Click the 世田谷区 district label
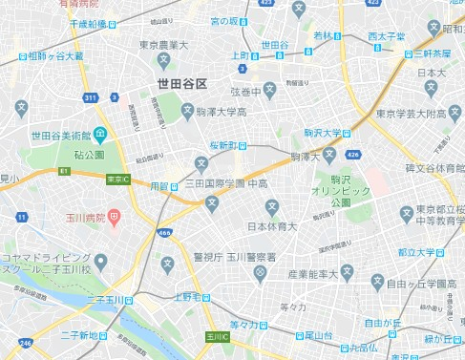[182, 85]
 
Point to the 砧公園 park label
[88, 154]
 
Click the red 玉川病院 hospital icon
[114, 218]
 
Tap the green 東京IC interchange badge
[117, 179]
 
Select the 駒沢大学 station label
[324, 133]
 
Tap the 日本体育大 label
[272, 226]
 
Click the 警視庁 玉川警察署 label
[235, 256]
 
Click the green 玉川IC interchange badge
[216, 337]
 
